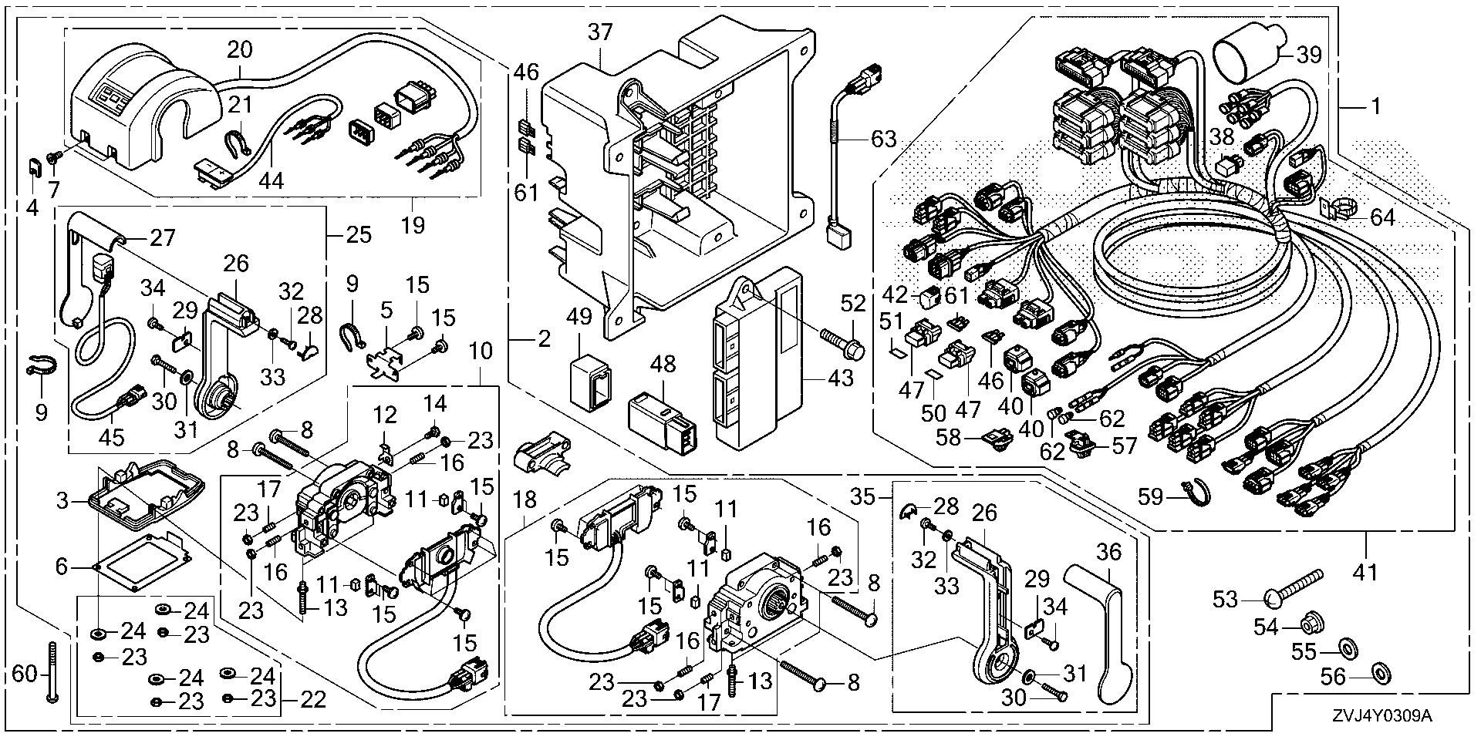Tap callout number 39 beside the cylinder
point(1309,55)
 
